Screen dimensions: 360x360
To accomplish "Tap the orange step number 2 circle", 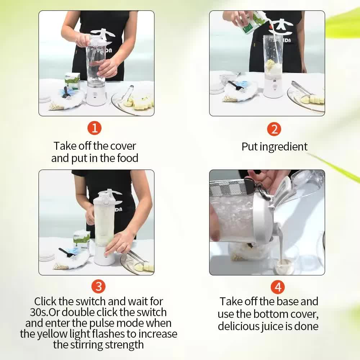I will click(x=274, y=129).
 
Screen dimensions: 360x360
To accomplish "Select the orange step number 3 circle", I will click(x=98, y=287).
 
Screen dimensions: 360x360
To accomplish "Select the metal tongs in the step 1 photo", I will click(x=127, y=93).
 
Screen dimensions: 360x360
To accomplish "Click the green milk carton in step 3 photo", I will click(x=81, y=240).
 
